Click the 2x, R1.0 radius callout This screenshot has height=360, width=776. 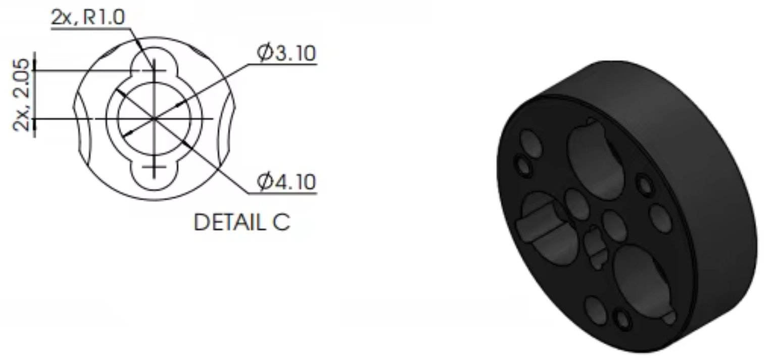coord(88,17)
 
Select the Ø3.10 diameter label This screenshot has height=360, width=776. coord(286,53)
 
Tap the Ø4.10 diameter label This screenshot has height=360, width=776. coord(286,182)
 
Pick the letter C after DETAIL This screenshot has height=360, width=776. coord(281,222)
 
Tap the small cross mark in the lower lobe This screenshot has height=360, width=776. coord(154,167)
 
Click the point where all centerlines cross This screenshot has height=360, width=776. coord(154,119)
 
